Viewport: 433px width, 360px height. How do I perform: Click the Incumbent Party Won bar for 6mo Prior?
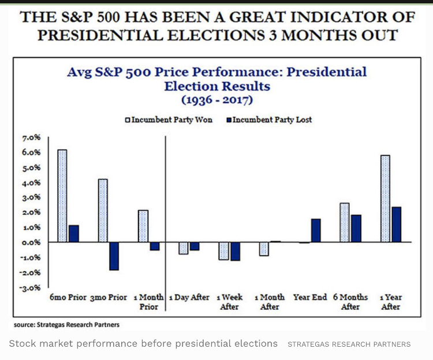62,196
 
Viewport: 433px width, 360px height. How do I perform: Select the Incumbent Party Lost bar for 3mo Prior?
114,256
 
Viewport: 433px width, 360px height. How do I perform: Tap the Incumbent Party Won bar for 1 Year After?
385,198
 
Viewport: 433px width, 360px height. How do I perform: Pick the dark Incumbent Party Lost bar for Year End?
315,231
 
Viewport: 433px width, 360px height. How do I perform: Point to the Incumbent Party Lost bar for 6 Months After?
356,228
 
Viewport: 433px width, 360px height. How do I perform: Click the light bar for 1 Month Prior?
143,226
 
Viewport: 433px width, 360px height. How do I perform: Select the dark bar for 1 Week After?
234,252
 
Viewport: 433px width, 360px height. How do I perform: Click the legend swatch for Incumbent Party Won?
128,120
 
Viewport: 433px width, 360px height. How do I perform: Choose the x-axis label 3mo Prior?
108,298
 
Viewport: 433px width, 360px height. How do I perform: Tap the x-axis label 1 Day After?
189,298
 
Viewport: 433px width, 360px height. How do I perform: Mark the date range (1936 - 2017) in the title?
216,99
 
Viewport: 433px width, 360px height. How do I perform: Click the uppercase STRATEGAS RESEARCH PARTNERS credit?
349,344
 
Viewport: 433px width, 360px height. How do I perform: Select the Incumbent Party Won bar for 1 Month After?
264,249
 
